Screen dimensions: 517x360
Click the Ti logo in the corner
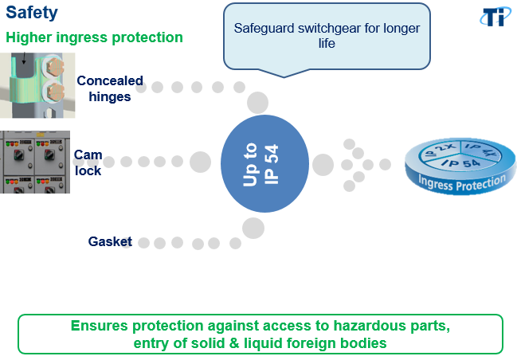point(496,17)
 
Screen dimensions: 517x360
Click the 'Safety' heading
point(32,13)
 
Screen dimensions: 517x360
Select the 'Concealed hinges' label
point(110,88)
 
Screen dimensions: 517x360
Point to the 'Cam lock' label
point(88,162)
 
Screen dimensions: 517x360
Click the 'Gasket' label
point(110,241)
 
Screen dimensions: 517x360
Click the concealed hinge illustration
point(37,85)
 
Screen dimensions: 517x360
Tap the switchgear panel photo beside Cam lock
point(35,162)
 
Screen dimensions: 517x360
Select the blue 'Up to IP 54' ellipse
point(264,163)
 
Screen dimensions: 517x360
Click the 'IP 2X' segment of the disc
point(440,151)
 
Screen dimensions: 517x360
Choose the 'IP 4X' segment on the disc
point(481,150)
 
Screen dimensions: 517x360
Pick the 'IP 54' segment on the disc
point(460,162)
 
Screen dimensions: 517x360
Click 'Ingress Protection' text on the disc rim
point(461,183)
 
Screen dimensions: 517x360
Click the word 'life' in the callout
point(327,43)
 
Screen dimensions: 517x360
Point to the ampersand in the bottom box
point(233,342)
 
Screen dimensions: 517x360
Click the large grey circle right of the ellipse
point(323,165)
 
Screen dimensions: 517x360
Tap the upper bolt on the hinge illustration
point(55,66)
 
